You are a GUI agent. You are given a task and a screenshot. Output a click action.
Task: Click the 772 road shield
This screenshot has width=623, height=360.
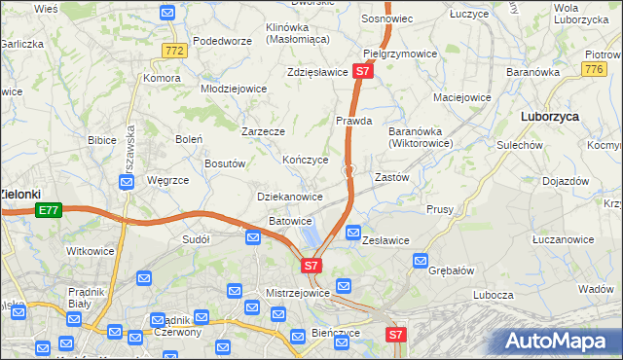pyautogui.click(x=175, y=51)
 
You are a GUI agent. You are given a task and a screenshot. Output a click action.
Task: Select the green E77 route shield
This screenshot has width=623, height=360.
pyautogui.click(x=48, y=209)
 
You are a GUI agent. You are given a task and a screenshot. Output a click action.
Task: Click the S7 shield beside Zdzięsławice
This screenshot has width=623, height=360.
pyautogui.click(x=362, y=71)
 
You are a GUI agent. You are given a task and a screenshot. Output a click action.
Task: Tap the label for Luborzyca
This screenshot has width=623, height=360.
pyautogui.click(x=550, y=115)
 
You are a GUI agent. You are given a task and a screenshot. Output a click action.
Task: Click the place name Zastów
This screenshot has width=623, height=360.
pyautogui.click(x=391, y=178)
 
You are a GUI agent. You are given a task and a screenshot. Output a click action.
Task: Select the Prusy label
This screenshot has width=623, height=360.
pyautogui.click(x=440, y=209)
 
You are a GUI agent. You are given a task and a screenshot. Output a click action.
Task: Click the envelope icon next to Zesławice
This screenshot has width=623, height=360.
pyautogui.click(x=353, y=234)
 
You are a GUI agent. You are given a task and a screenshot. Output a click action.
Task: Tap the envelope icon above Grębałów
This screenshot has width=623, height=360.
pyautogui.click(x=421, y=260)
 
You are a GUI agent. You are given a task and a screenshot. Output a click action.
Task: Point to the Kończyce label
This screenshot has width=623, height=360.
pyautogui.click(x=305, y=160)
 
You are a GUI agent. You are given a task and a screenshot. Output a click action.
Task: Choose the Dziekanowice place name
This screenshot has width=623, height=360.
pyautogui.click(x=289, y=197)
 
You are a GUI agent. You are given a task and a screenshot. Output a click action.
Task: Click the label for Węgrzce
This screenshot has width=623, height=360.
pyautogui.click(x=166, y=180)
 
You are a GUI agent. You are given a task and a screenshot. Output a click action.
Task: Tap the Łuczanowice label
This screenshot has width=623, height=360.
pyautogui.click(x=563, y=239)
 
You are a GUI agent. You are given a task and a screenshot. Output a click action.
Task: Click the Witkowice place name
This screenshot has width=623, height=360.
pyautogui.click(x=90, y=251)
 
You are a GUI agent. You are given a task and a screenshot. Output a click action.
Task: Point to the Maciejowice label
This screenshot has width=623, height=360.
pyautogui.click(x=461, y=97)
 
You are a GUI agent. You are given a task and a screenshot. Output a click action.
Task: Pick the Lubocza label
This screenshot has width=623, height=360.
pyautogui.click(x=495, y=295)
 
